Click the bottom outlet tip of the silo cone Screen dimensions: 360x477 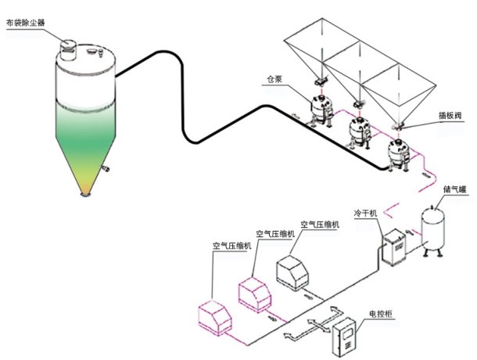pyautogui.click(x=84, y=193)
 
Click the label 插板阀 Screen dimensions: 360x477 pyautogui.click(x=448, y=114)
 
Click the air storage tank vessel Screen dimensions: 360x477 pyautogui.click(x=433, y=226)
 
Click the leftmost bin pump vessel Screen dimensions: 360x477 pyautogui.click(x=319, y=106)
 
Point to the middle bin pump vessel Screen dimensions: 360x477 pyautogui.click(x=359, y=128)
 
